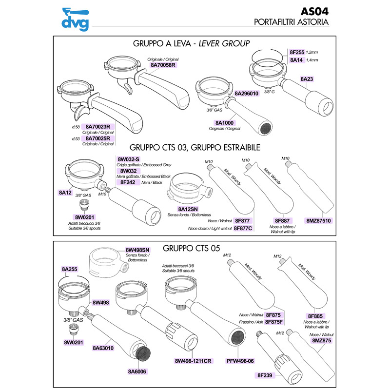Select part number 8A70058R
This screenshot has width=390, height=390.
163,65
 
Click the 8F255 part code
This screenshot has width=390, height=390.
297,52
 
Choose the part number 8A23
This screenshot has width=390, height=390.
307,78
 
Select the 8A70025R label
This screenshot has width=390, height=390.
99,138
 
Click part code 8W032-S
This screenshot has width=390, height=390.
129,159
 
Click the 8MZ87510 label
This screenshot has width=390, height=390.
318,221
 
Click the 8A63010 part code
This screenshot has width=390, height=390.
103,348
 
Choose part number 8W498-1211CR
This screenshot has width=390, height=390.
193,361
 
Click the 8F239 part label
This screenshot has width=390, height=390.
265,375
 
